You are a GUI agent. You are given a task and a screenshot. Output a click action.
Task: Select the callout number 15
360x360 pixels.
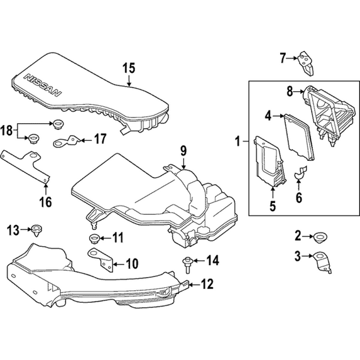[129, 67]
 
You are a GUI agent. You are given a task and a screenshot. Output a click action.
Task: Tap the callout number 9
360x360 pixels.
[183, 150]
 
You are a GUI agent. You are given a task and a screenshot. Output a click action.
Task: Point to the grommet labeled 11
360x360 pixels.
[94, 237]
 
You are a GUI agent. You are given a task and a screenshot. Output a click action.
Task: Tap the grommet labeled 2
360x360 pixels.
[318, 237]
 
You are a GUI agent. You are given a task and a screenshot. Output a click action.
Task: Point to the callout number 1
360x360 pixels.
[238, 143]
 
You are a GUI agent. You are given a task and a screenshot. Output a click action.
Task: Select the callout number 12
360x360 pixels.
[207, 285]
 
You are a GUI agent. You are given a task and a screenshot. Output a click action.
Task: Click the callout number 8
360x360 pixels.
[290, 92]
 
